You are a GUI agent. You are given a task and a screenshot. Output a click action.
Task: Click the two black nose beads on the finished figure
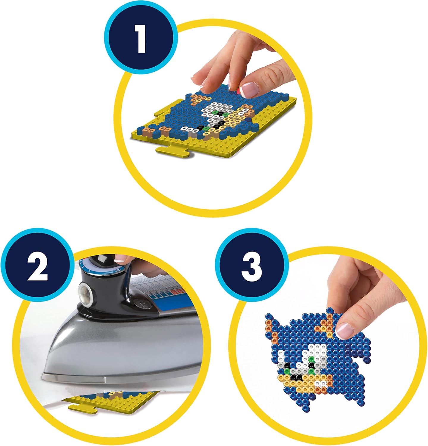point(296,377)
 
